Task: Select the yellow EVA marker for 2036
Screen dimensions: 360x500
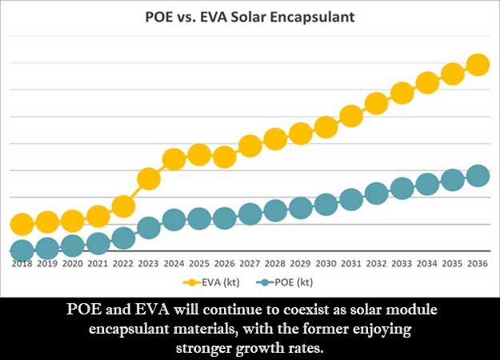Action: [478, 65]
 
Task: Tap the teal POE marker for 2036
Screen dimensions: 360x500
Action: [478, 176]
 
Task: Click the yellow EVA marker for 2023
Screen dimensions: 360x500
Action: [149, 178]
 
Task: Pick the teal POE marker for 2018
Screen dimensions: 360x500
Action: [22, 250]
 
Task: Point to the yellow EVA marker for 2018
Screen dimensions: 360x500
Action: [22, 224]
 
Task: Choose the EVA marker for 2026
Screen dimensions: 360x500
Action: [225, 157]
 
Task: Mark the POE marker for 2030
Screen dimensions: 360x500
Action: [326, 204]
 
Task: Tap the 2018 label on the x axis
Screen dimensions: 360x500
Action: [22, 263]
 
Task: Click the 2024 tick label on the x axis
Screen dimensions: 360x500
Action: [174, 263]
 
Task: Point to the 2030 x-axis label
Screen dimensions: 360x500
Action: [326, 263]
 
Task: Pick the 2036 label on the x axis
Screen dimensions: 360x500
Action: [478, 263]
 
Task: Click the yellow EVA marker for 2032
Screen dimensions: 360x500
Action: [377, 103]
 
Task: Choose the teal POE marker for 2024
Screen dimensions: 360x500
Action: [174, 218]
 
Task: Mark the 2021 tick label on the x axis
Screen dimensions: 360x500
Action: [98, 263]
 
